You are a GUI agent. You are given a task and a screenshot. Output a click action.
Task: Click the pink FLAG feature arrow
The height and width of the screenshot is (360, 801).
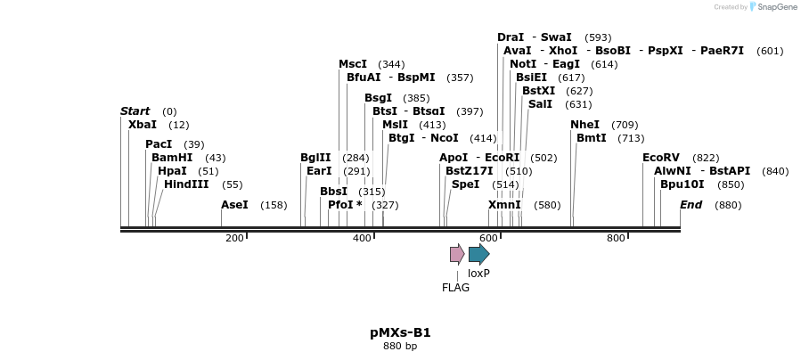[456, 254]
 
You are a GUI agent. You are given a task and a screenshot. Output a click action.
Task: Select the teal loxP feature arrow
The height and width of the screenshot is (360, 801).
[478, 254]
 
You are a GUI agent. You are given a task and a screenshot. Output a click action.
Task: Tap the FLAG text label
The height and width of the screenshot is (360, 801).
[455, 287]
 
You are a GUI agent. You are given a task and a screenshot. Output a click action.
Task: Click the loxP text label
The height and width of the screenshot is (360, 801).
[478, 274]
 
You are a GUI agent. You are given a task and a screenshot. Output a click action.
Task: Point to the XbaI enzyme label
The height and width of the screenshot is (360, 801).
[142, 125]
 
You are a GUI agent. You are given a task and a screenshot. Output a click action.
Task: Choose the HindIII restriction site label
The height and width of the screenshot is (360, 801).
[186, 184]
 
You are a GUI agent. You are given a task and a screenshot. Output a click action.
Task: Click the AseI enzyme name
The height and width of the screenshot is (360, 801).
[234, 205]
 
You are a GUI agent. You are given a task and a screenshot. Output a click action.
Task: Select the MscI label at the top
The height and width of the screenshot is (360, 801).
[353, 64]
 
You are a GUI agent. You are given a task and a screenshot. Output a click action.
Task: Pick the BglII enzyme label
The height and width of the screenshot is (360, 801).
[315, 158]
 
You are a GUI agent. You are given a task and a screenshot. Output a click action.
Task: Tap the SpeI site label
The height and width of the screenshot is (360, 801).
[465, 184]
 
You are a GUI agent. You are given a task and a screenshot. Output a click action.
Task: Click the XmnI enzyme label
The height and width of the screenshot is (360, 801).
[504, 205]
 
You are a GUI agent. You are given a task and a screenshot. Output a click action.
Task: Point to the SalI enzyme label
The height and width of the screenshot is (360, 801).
[540, 104]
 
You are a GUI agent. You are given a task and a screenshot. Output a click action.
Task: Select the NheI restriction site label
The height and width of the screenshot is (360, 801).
[584, 125]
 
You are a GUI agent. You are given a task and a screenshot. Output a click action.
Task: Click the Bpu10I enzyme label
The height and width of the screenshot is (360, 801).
[682, 184]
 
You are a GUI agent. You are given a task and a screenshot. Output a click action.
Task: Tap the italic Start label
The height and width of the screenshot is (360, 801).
[135, 111]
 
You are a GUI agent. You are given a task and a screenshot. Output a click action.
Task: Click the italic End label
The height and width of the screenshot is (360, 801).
[691, 205]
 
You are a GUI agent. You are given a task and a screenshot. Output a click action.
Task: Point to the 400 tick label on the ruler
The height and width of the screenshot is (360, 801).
[362, 238]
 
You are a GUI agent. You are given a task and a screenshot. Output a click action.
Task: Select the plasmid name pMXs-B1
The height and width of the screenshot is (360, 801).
[400, 332]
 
